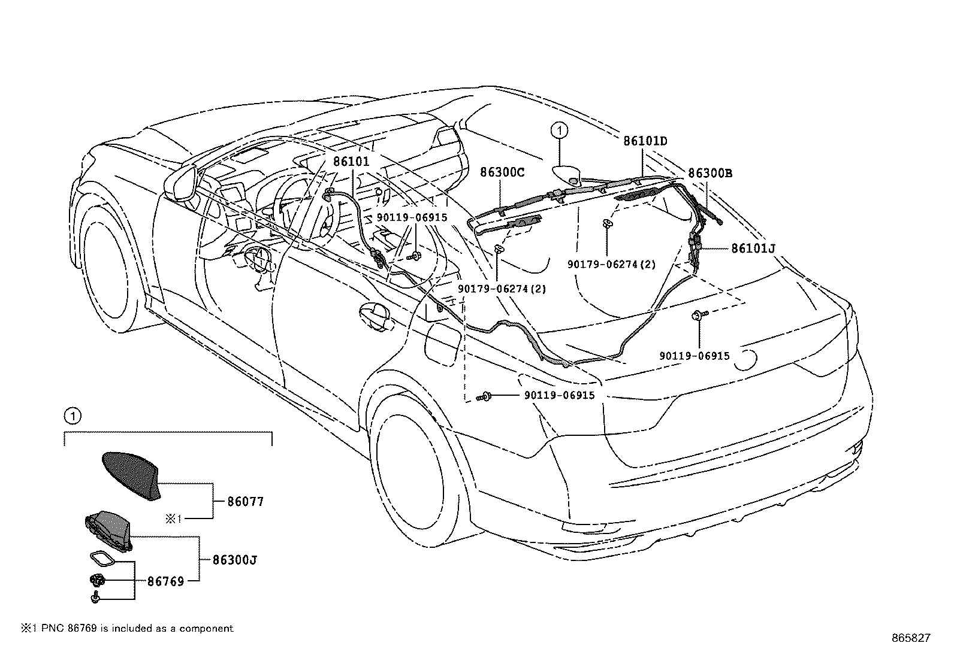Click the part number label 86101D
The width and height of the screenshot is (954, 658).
click(645, 141)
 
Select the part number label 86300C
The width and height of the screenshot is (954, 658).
click(503, 172)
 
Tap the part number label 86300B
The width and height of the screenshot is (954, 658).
click(710, 173)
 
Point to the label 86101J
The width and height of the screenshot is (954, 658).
click(753, 248)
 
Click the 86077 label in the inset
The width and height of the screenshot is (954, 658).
click(245, 502)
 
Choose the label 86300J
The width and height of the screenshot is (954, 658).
click(235, 560)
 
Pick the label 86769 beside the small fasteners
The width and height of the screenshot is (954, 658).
click(165, 581)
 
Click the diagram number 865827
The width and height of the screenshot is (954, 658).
click(911, 638)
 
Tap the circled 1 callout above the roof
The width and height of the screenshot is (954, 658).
click(560, 131)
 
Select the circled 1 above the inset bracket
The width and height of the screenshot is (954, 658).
click(72, 416)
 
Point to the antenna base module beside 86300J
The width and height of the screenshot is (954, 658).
click(108, 530)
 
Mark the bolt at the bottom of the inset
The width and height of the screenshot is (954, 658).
click(95, 598)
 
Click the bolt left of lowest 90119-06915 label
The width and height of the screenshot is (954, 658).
click(485, 397)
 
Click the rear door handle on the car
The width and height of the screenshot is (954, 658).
click(374, 315)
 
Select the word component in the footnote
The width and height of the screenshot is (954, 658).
click(207, 629)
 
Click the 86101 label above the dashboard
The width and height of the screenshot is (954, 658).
click(351, 162)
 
